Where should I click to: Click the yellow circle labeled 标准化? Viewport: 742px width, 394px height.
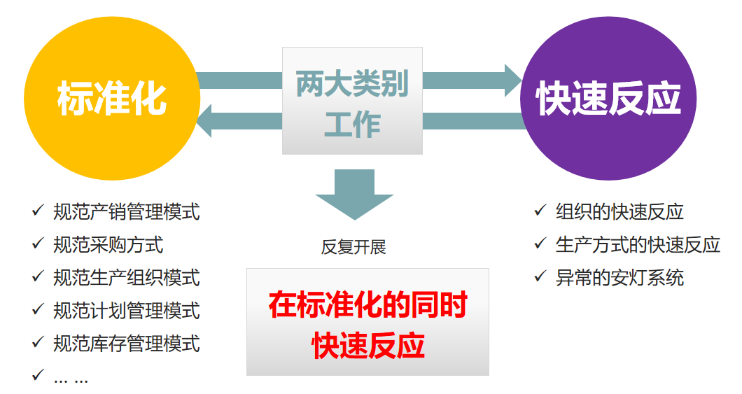112,99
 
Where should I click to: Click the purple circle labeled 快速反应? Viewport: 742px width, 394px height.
608,99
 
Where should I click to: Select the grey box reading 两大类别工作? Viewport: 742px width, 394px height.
352,101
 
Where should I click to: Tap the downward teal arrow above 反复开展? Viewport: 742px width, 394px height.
354,195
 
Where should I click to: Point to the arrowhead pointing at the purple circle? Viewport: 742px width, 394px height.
513,80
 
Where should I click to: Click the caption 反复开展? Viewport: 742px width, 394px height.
353,247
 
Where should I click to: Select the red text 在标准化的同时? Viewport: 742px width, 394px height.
367,304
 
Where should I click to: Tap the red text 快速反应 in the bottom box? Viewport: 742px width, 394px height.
367,345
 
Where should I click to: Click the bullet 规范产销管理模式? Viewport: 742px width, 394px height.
126,212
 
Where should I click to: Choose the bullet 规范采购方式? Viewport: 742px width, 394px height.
108,245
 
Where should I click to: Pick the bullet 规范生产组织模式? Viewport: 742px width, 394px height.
126,278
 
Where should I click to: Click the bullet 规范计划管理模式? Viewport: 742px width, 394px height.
126,311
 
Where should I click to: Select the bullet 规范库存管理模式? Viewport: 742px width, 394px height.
126,344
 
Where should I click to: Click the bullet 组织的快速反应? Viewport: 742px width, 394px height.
619,212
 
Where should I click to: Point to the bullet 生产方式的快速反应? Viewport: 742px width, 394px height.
638,245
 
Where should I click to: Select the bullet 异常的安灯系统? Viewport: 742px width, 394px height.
619,278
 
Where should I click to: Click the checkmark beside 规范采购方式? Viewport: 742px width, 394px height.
38,243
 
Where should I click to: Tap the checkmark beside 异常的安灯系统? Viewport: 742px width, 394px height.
540,276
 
